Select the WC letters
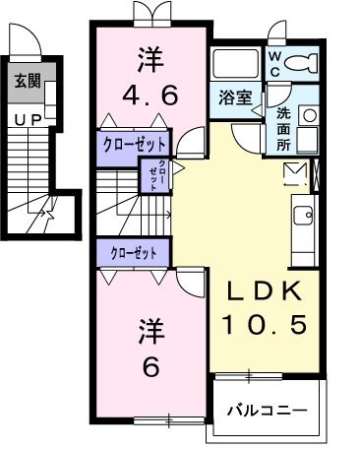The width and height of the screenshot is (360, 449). click(274, 64)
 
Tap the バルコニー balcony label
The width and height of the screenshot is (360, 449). click(267, 409)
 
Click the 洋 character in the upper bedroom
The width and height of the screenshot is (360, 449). click(150, 58)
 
